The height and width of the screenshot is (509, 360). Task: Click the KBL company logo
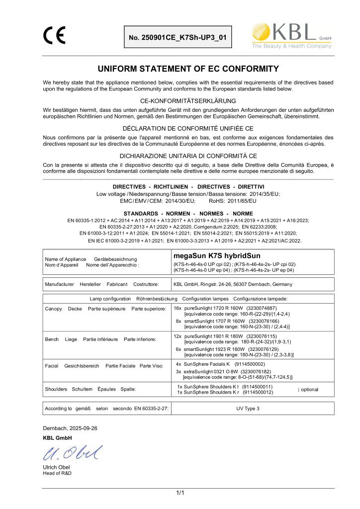point(291,36)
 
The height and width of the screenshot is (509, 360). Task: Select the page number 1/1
point(180,493)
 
